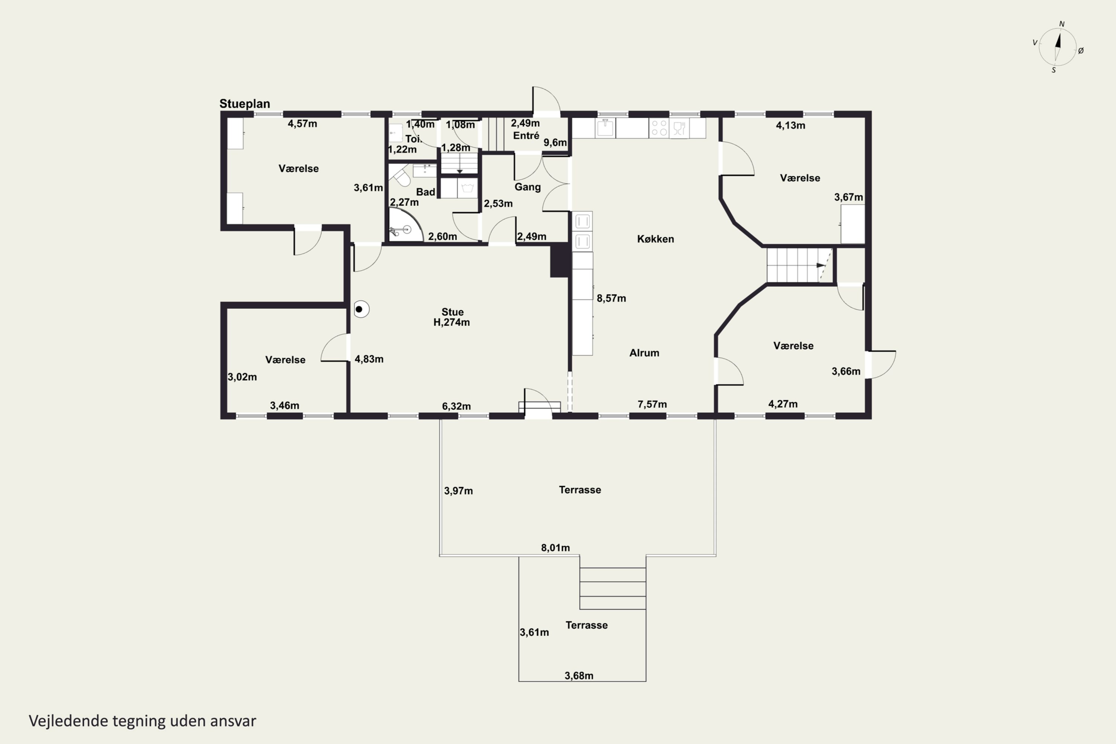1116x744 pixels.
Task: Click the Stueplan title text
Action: [244, 104]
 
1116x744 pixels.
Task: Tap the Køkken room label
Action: [655, 239]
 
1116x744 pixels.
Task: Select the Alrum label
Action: [644, 353]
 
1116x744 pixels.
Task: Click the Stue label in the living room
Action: [452, 312]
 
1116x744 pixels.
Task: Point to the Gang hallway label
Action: [527, 187]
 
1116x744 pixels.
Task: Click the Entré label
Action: [526, 136]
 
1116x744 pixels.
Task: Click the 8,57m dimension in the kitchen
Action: [611, 298]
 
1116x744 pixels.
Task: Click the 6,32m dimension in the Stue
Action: [456, 407]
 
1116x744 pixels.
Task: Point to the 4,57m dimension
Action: [302, 124]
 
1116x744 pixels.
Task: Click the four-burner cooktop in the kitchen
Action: [659, 128]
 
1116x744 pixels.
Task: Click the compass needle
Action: [1057, 46]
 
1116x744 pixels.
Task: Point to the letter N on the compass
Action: [1062, 24]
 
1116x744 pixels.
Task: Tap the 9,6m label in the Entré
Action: [555, 143]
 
